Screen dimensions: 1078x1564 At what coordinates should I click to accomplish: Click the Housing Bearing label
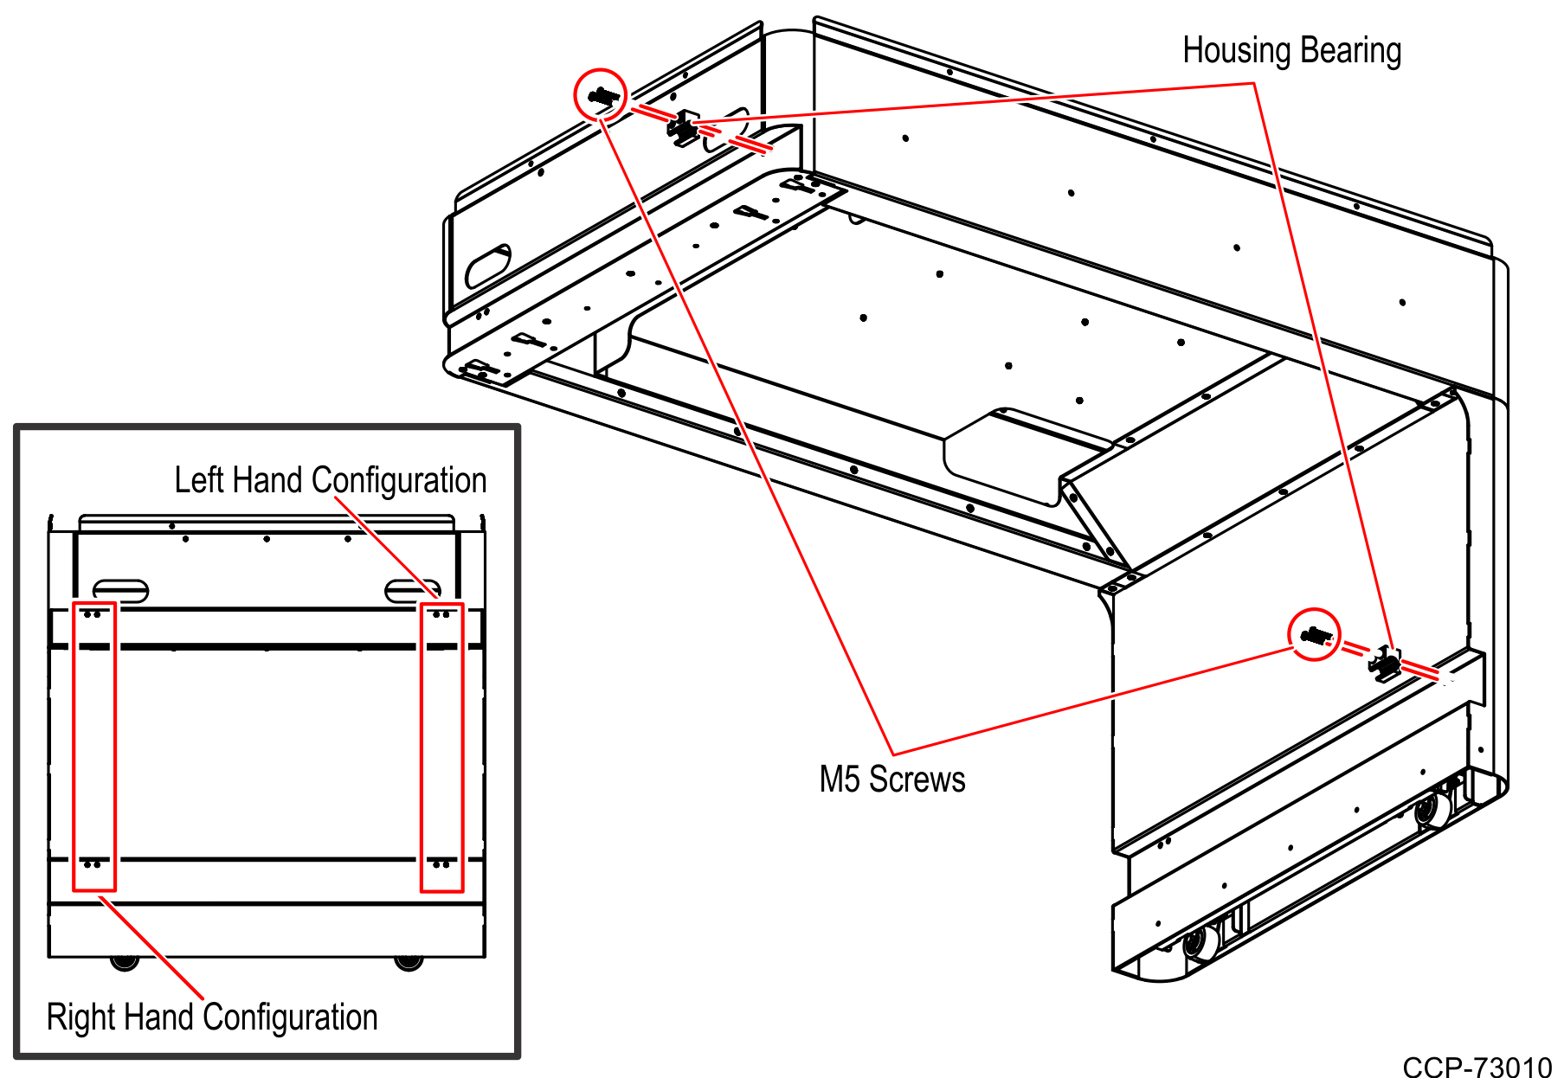click(1291, 50)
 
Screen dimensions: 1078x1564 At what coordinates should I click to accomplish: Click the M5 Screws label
click(891, 779)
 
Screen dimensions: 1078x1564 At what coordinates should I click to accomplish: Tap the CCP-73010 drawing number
click(1477, 1067)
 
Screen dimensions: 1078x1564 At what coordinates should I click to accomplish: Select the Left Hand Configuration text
click(330, 480)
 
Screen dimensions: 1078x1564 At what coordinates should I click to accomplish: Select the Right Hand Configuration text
click(212, 1017)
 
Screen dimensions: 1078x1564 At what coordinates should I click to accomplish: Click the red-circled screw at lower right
click(1314, 635)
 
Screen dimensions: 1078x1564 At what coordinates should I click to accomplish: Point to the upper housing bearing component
click(684, 128)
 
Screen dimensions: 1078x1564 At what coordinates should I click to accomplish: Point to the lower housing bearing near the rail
click(1386, 664)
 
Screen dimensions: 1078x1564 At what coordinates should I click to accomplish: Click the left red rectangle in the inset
click(93, 746)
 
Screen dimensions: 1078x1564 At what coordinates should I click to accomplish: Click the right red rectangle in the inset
click(441, 746)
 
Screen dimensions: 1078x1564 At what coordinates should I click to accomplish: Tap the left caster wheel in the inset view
click(125, 961)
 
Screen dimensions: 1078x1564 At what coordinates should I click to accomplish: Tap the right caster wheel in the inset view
click(408, 961)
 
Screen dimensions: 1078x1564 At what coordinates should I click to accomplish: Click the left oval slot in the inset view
click(120, 590)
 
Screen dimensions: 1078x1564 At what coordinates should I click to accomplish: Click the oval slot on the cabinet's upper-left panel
click(488, 266)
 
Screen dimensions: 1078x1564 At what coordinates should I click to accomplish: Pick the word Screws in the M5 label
click(917, 779)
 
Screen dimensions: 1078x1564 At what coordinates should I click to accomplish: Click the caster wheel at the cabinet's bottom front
click(1200, 942)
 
